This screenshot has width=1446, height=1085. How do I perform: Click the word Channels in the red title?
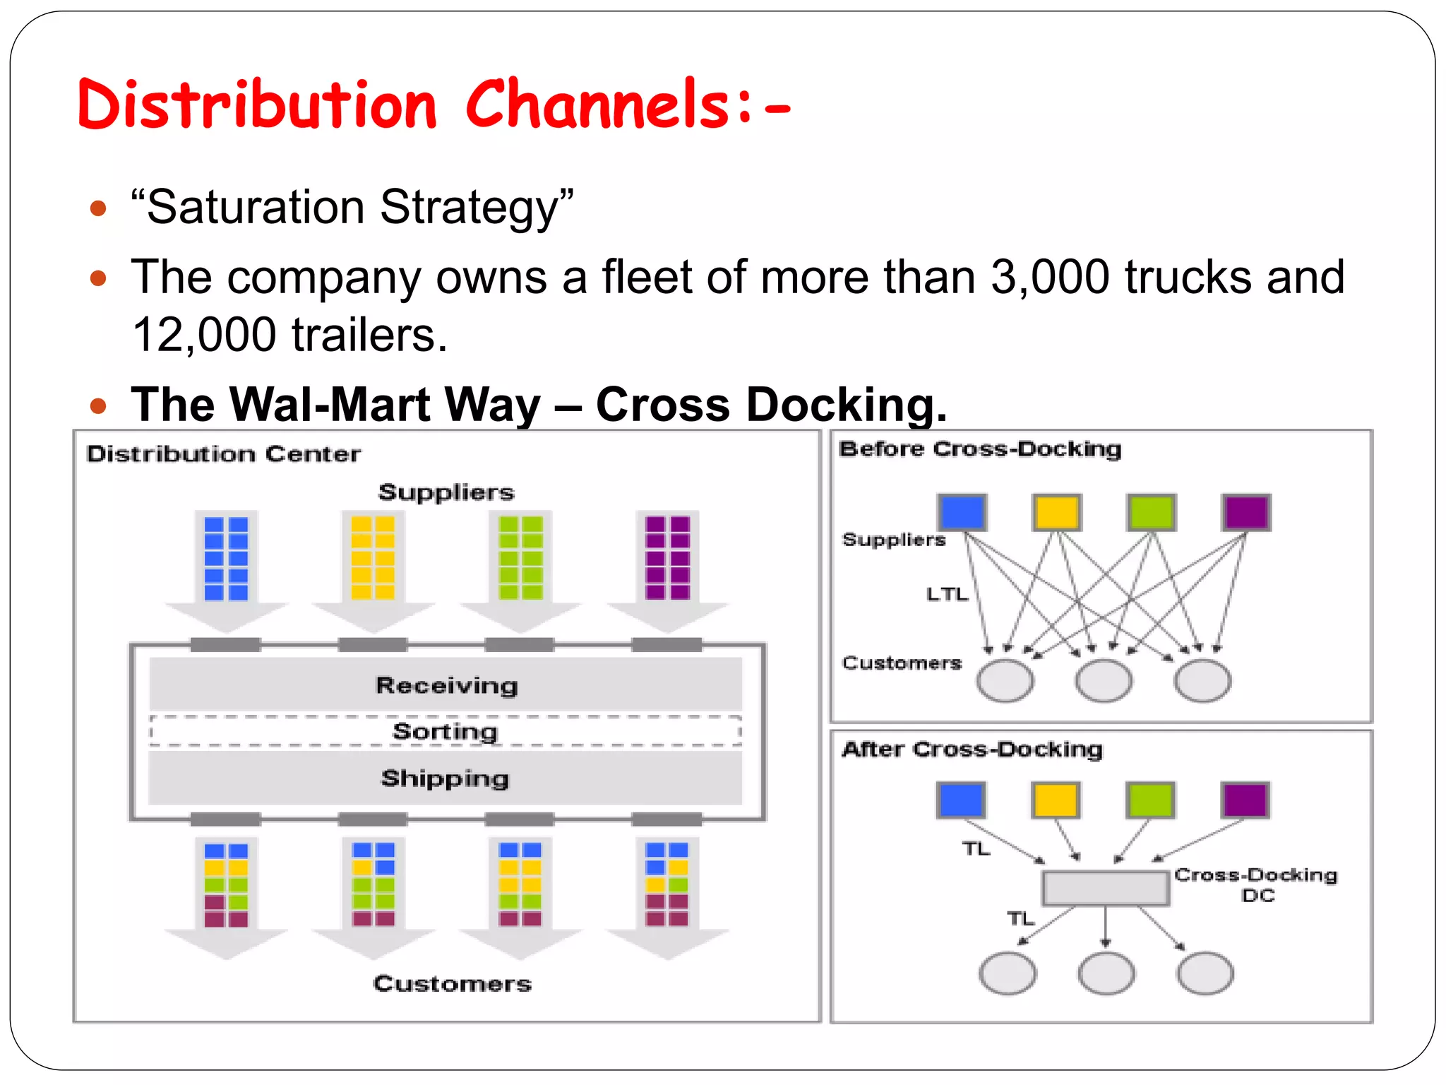[x=597, y=105]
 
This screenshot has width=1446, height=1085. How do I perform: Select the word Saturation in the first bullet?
[x=256, y=207]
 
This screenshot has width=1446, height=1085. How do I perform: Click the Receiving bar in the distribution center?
[x=446, y=684]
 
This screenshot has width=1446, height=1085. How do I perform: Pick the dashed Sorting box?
[x=446, y=731]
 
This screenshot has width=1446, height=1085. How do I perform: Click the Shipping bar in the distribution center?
[x=446, y=778]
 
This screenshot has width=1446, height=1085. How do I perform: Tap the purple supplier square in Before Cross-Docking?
[x=1246, y=512]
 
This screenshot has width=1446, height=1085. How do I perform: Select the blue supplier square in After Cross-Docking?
[x=960, y=800]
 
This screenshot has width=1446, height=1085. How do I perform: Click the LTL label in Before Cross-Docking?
[x=947, y=594]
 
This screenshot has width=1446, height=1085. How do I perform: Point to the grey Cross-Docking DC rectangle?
[x=1105, y=888]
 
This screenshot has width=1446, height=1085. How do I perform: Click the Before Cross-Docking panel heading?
[x=980, y=449]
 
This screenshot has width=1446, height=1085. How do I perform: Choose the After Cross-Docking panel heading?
[x=972, y=749]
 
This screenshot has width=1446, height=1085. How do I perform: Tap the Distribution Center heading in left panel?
[x=223, y=453]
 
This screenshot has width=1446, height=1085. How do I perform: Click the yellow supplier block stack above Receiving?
[x=373, y=558]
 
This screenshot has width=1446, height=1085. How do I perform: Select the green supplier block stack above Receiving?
[x=520, y=558]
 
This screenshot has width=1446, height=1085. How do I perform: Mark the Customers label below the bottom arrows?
[x=452, y=983]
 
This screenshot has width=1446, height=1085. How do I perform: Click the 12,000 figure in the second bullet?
[x=204, y=335]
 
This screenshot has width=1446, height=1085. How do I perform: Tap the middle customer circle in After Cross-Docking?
[x=1106, y=973]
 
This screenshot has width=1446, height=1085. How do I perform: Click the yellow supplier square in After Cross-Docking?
[x=1056, y=800]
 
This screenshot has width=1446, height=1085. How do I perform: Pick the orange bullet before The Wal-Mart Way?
[x=98, y=405]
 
